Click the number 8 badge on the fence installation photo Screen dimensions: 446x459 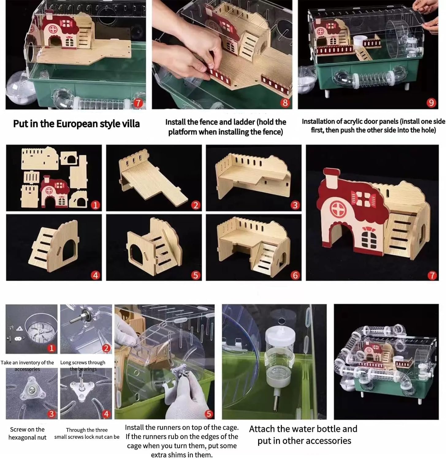pos(285,103)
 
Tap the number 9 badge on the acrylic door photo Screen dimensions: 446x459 pos(431,103)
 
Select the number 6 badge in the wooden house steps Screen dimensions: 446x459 pos(295,275)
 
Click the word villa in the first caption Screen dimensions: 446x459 pos(130,124)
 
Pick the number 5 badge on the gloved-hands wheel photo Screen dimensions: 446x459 pos(209,414)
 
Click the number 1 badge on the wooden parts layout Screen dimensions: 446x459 pos(95,205)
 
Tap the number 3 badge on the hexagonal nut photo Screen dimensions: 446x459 pos(51,414)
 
